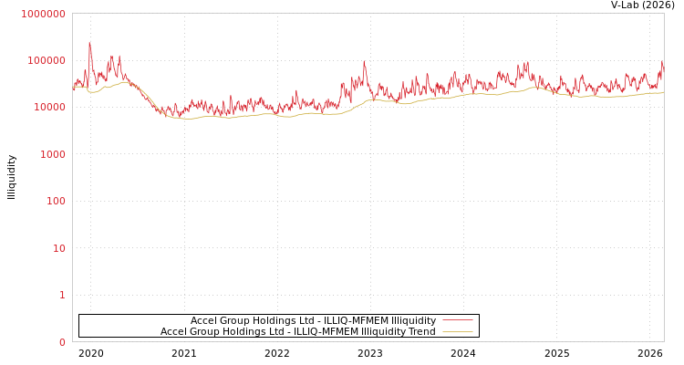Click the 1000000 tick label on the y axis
click(x=43, y=14)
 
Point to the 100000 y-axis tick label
click(x=46, y=60)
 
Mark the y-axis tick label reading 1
click(x=62, y=295)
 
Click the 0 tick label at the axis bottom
click(x=62, y=342)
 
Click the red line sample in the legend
click(x=457, y=320)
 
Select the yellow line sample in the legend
click(x=457, y=331)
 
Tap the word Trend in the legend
click(x=420, y=331)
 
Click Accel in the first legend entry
click(x=204, y=320)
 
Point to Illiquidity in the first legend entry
click(x=413, y=320)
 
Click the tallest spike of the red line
click(x=89, y=43)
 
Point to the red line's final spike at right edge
click(x=662, y=62)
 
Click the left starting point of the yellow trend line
click(x=73, y=88)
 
